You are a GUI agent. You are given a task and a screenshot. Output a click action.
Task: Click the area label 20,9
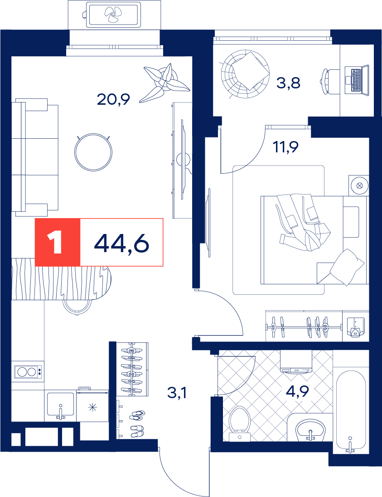coord(113,99)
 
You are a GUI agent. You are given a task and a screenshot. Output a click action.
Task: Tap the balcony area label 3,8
coord(288,83)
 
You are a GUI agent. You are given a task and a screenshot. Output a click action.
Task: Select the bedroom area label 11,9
coord(286,147)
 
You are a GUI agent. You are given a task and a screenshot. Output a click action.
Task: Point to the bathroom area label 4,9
coord(297,392)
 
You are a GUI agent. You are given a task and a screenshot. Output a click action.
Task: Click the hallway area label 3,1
coord(177,393)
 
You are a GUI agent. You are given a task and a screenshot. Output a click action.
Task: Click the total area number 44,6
coord(121,243)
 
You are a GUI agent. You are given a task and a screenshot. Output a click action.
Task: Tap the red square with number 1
coord(58,242)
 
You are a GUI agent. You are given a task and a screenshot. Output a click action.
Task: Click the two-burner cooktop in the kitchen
coord(28,371)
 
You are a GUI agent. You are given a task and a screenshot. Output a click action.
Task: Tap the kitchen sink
coord(61,406)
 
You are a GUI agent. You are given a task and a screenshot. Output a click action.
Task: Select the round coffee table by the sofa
coord(93,152)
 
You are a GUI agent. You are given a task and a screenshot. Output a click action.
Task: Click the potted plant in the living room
coord(164,82)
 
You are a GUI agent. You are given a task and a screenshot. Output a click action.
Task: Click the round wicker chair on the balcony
coord(246,74)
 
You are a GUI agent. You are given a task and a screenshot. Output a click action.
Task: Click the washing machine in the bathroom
coord(296,362)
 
